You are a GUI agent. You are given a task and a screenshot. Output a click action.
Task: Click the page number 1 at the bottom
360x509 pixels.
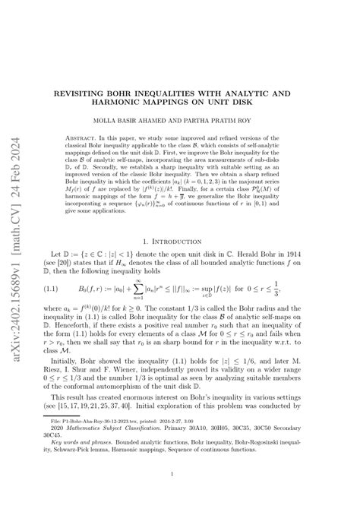click(x=180, y=475)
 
